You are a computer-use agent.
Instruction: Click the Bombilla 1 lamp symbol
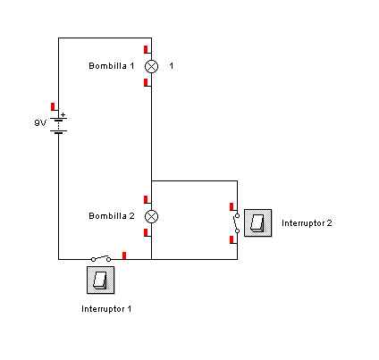(x=151, y=66)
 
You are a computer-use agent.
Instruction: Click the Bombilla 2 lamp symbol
(x=151, y=216)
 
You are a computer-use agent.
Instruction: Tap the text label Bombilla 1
(x=112, y=66)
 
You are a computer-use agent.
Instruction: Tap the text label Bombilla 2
(x=112, y=216)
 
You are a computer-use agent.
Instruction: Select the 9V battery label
(x=40, y=122)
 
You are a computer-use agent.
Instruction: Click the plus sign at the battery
(x=63, y=114)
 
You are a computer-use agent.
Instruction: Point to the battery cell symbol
(x=59, y=126)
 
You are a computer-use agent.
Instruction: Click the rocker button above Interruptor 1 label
(x=100, y=280)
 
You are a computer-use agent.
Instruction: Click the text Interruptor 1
(x=106, y=309)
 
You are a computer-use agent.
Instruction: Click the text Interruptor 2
(x=307, y=223)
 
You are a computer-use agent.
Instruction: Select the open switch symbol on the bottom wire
(x=101, y=258)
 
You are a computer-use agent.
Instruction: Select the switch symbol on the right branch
(x=237, y=223)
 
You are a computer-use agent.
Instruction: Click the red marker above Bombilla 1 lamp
(x=146, y=49)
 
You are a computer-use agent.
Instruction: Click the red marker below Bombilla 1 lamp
(x=146, y=82)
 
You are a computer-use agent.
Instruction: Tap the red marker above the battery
(x=53, y=106)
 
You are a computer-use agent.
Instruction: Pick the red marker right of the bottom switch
(x=124, y=255)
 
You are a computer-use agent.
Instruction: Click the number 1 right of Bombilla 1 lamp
(x=172, y=66)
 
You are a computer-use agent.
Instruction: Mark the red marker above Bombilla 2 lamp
(x=146, y=199)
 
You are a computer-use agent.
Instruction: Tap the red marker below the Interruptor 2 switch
(x=232, y=239)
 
